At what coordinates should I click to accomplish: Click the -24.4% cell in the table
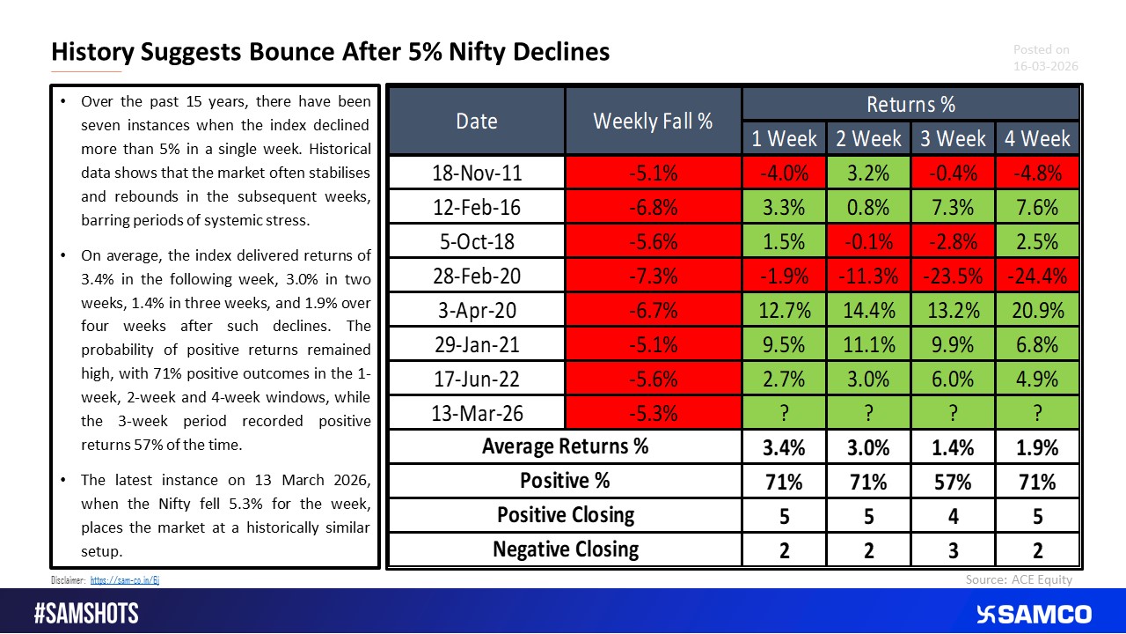[x=1037, y=276]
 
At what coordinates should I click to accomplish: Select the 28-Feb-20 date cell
[x=477, y=276]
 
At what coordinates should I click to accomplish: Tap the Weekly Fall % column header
[x=653, y=122]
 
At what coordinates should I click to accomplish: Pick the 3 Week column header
[x=953, y=139]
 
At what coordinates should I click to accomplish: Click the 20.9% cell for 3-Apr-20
[x=1037, y=310]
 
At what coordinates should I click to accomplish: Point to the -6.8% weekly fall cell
[x=653, y=207]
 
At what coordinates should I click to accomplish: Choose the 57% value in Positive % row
[x=953, y=481]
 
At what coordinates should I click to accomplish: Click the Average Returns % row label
[x=565, y=446]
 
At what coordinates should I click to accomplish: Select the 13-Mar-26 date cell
[x=477, y=413]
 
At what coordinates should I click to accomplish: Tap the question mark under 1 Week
[x=784, y=413]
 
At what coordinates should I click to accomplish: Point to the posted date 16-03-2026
[x=1045, y=66]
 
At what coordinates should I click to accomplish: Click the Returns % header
[x=910, y=104]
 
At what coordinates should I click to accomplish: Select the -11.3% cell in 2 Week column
[x=868, y=276]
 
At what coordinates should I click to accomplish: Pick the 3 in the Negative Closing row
[x=953, y=550]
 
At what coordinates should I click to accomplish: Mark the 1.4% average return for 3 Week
[x=953, y=446]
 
